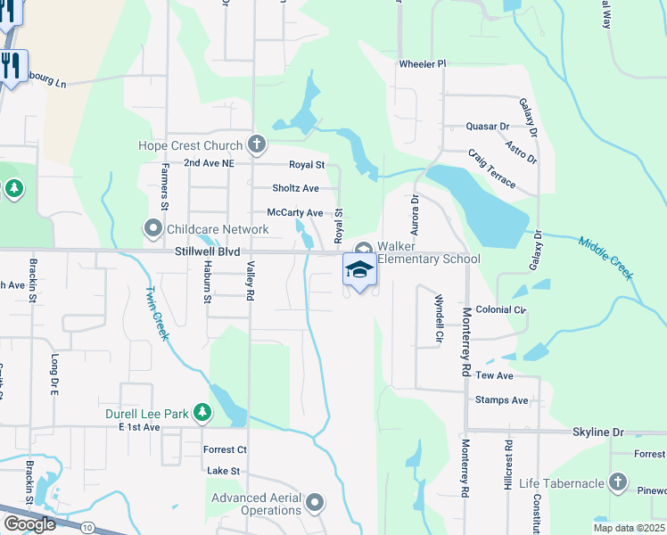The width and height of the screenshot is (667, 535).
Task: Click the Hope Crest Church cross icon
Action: point(257,144)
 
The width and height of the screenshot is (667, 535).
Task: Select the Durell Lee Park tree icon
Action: point(203,413)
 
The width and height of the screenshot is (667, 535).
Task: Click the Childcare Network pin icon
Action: point(153,229)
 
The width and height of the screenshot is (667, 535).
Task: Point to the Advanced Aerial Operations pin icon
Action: point(314,505)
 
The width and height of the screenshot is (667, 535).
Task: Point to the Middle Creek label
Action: point(605,258)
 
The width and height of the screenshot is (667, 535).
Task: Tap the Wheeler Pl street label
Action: point(422,64)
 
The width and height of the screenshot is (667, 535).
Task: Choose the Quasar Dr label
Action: point(486,128)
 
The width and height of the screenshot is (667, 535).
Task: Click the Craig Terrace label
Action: point(491,169)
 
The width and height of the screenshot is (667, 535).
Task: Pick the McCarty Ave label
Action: point(295,213)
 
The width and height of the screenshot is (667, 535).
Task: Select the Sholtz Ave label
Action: point(295,188)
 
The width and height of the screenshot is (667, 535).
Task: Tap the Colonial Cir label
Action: point(500,310)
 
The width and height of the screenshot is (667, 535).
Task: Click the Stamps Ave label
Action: point(501,400)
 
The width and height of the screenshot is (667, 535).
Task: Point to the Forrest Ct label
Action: point(225,449)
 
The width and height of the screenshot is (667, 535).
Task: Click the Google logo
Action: point(29,524)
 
